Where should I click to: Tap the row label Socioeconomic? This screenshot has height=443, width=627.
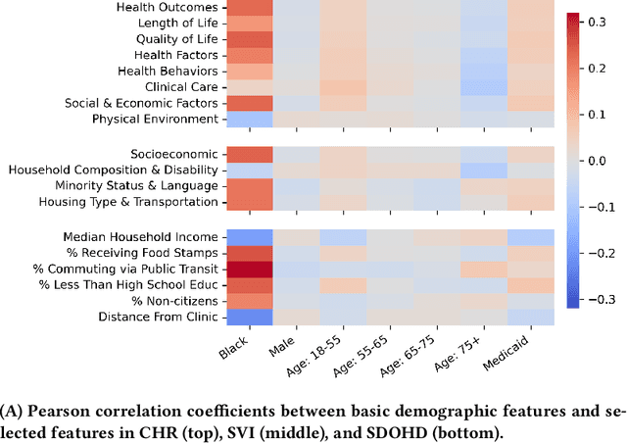tap(174, 154)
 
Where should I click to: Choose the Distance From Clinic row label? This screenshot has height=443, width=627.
tap(158, 317)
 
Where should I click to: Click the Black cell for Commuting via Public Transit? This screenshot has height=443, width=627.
tap(249, 269)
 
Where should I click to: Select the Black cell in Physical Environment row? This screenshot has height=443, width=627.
tap(249, 120)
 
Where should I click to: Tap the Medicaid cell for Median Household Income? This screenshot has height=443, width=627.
tap(531, 237)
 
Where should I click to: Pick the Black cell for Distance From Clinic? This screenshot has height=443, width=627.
tap(249, 317)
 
